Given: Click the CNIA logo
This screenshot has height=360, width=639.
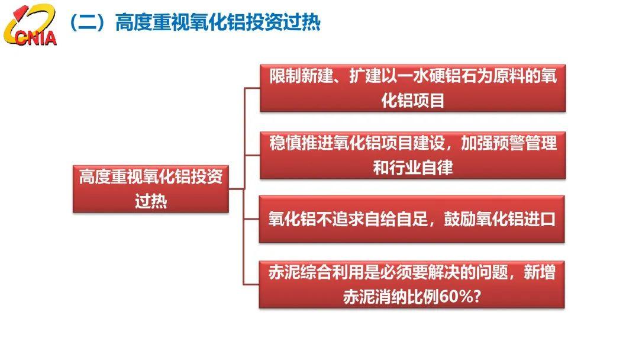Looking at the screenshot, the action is [x=30, y=24].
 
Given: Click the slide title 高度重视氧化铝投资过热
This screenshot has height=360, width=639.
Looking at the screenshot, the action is [x=218, y=22].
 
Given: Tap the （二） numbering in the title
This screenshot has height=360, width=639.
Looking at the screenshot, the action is [x=90, y=22].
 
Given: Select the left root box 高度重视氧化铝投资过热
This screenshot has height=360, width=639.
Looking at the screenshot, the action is [x=151, y=189].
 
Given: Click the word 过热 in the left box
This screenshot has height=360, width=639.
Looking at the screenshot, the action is [x=151, y=201].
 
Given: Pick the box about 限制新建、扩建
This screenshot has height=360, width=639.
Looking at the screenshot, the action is [x=413, y=88].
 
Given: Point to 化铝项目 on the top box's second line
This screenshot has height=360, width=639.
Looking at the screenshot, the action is [x=413, y=100].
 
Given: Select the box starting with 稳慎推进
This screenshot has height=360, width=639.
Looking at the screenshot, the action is [x=413, y=155].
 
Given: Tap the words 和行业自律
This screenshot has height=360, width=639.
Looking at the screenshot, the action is [x=413, y=168].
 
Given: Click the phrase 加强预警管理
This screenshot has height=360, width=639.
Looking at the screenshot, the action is [x=509, y=143].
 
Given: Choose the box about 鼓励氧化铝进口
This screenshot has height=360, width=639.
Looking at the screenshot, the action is [x=412, y=219].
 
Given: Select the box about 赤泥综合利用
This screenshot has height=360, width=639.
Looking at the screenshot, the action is [x=412, y=285].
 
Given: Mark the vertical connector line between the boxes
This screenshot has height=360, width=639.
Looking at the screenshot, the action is [x=244, y=187].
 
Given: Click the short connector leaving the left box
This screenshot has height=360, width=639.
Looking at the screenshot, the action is [x=236, y=189].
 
